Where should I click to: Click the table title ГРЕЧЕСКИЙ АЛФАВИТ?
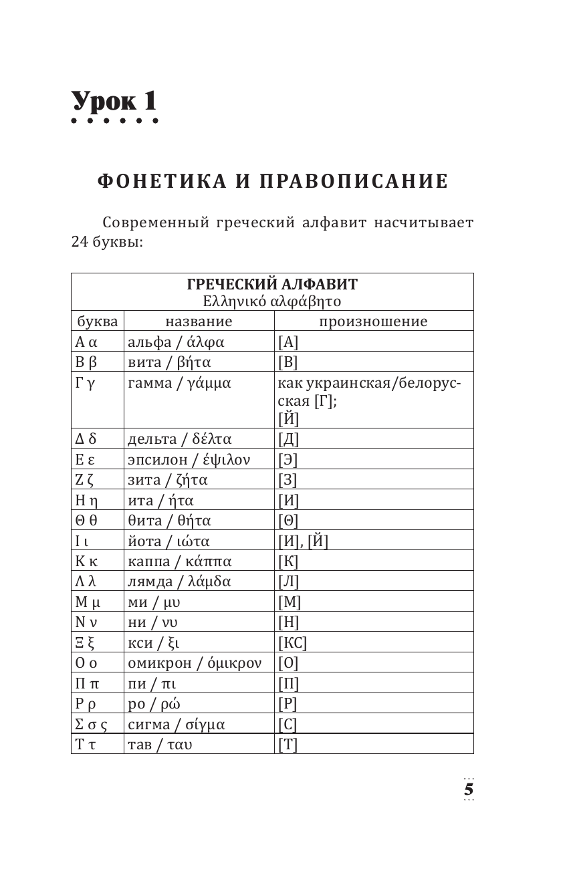pyautogui.click(x=271, y=284)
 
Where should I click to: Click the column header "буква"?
pyautogui.click(x=97, y=322)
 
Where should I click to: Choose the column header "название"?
pyautogui.click(x=199, y=322)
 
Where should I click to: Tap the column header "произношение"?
pyautogui.click(x=372, y=322)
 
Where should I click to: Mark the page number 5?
pyautogui.click(x=469, y=789)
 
